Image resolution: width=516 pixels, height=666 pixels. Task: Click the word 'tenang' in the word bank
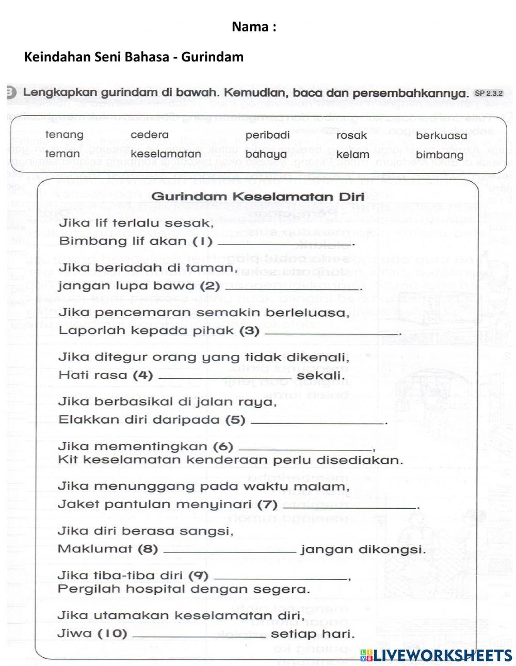64,135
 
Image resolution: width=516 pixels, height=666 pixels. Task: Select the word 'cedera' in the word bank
149,135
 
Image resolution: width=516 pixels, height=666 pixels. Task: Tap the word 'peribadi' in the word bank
267,135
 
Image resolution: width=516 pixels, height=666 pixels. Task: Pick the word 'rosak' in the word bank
351,135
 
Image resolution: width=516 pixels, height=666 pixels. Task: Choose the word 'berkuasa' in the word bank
441,136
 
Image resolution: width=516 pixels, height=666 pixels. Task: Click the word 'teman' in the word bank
62,154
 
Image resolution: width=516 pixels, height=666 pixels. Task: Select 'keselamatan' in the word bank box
166,154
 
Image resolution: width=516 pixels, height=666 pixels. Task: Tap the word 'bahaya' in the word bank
265,154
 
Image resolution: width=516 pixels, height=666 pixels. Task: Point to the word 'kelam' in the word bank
352,154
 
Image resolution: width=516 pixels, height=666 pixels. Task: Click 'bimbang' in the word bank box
440,155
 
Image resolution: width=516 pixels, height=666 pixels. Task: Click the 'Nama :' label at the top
254,27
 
